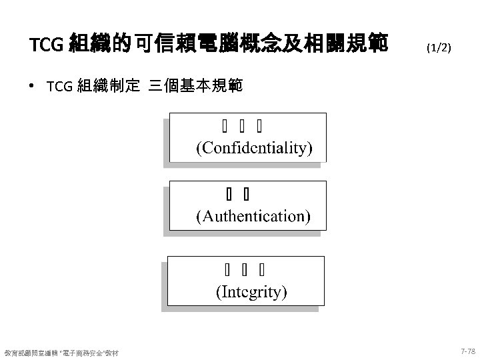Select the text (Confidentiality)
tap(253, 147)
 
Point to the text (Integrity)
tap(251, 291)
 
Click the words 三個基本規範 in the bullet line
tap(197, 86)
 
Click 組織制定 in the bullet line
tap(109, 86)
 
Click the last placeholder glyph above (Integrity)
tap(262, 270)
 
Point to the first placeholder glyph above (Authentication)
tap(228, 195)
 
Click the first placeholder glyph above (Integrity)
tap(227, 270)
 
